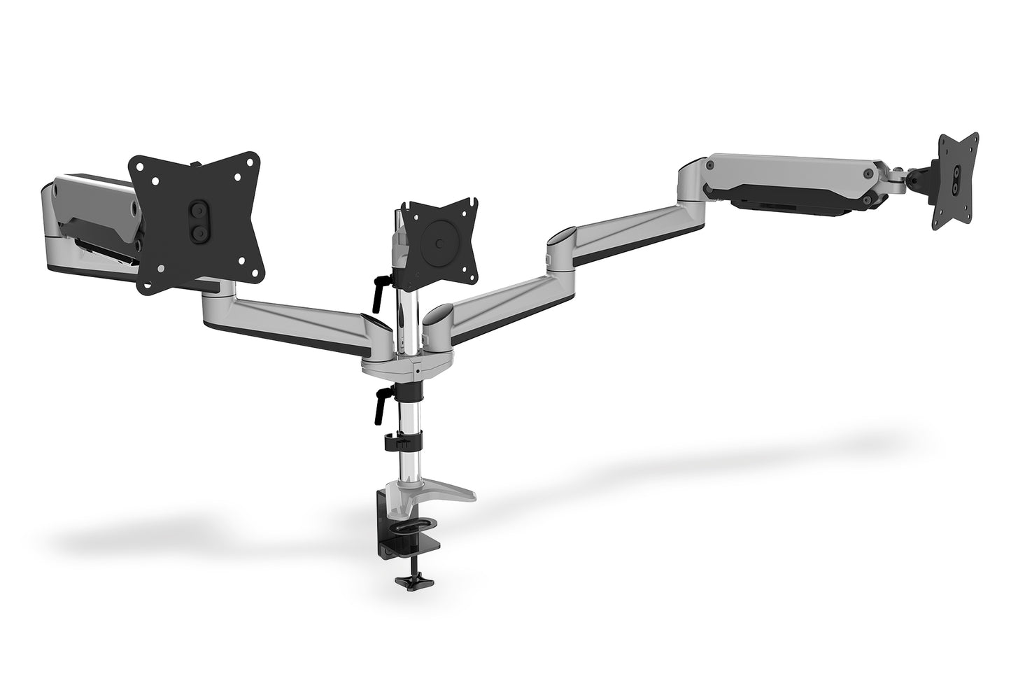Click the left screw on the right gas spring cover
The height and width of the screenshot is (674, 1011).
pyautogui.click(x=710, y=166)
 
